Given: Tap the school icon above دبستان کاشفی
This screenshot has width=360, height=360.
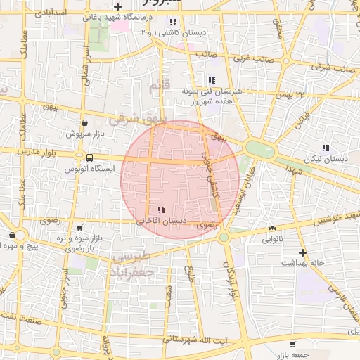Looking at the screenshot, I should coord(172,22).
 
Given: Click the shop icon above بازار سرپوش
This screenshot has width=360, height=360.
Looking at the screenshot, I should coord(85,122).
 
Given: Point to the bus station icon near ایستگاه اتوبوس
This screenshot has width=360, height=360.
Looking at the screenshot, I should coord(89,157).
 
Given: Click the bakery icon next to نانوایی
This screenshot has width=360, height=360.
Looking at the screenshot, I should coord(272,228).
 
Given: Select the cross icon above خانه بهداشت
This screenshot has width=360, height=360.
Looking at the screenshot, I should coord(302,252).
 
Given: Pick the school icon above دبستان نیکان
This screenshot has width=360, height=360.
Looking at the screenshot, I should coord(325,148).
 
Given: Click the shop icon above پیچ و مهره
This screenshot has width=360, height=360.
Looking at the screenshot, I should coord(13,236).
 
